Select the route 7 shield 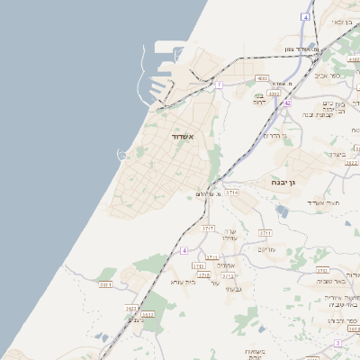[219, 85]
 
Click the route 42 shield [287, 103]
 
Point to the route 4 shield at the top [306, 16]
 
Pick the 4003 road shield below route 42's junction [274, 93]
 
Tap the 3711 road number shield [265, 232]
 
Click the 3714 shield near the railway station [232, 192]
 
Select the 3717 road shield [208, 229]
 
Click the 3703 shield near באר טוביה [322, 270]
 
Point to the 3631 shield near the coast [105, 284]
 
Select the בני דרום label [260, 98]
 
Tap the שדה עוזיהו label [229, 234]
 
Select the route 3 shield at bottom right [337, 343]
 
